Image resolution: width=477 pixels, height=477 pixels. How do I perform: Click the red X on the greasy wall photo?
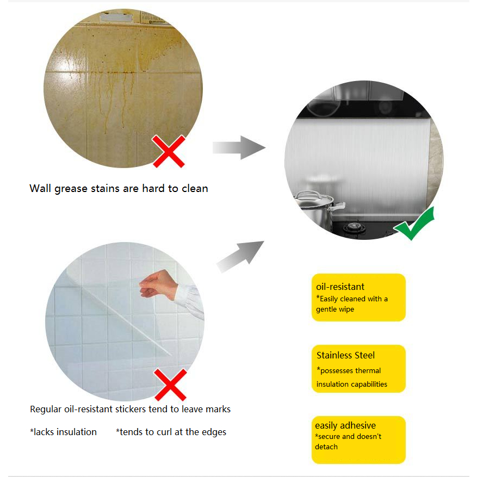pos(169,151)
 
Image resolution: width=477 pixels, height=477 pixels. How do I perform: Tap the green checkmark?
pos(414,224)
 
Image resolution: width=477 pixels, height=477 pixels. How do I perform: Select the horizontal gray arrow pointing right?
pos(239,147)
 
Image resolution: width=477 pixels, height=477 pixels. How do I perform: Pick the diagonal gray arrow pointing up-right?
pos(240,256)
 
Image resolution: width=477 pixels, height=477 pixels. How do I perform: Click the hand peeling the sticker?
pos(158,284)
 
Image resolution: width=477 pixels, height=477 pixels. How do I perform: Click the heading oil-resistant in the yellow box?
pos(340,287)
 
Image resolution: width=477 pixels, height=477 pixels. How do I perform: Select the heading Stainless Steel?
pos(345,355)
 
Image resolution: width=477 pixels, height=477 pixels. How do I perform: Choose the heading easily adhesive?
pos(345,425)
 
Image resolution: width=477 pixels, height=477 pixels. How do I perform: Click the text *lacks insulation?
pos(63,432)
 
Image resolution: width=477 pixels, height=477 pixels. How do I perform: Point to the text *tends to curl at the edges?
pos(171,432)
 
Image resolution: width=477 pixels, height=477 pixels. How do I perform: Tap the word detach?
pos(326,447)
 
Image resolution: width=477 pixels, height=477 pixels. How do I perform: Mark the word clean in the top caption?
pos(195,188)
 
